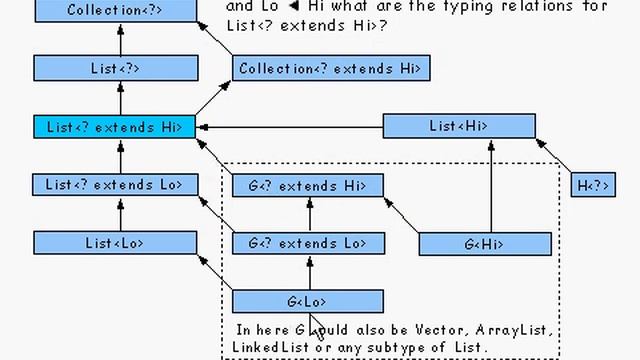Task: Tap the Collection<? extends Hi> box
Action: (331, 68)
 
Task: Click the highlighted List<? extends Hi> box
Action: (114, 127)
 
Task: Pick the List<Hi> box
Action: (459, 126)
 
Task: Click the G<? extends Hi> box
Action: (307, 185)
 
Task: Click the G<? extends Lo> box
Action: (307, 243)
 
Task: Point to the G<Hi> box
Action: (485, 243)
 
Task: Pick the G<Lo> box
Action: (307, 301)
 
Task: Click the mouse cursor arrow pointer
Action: (314, 327)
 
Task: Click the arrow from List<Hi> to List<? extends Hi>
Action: (290, 127)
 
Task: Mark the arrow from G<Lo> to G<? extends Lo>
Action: (309, 272)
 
